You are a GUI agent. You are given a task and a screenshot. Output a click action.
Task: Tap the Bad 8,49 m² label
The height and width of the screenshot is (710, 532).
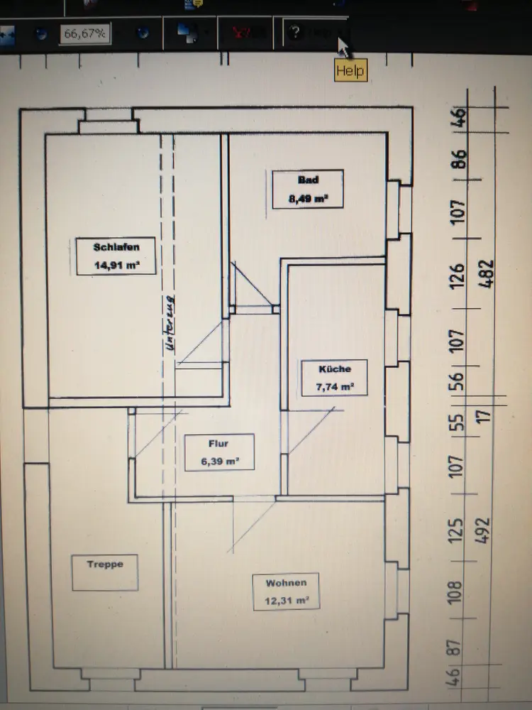308,189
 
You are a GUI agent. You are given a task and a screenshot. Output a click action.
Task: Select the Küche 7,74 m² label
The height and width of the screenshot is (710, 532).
335,378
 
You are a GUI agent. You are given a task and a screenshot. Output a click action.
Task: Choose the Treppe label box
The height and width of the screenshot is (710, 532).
105,572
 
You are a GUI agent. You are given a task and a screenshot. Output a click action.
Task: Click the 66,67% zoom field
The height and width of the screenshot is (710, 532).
84,33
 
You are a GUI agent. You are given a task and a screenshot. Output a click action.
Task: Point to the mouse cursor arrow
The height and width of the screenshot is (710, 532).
343,47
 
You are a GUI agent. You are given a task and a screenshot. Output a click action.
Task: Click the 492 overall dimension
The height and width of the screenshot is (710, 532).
486,527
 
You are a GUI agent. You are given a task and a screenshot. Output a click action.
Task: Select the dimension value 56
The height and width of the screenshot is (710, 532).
458,383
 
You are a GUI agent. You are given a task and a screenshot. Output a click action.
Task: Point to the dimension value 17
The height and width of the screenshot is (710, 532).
486,418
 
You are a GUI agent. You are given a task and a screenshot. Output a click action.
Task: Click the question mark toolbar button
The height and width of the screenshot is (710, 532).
296,33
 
